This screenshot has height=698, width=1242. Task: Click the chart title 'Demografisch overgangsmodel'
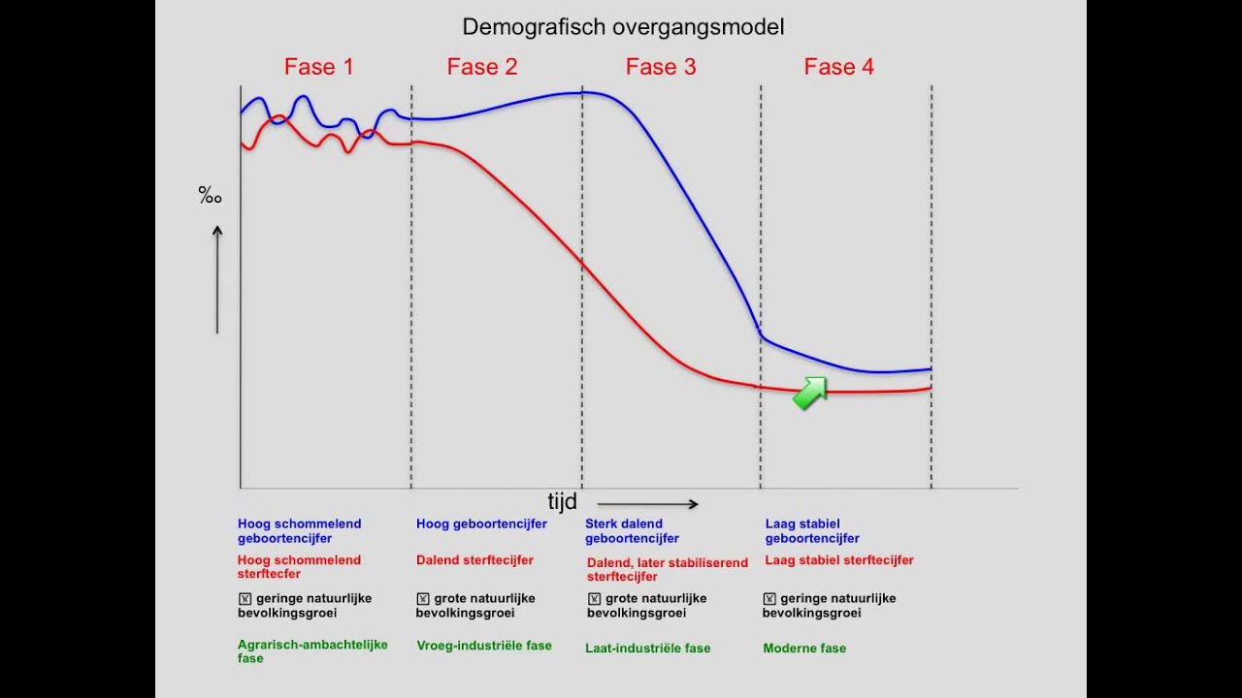click(x=623, y=27)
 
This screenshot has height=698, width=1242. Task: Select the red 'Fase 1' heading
click(x=318, y=67)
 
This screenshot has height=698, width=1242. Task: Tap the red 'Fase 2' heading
click(x=482, y=67)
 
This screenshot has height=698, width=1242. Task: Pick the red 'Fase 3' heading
click(x=661, y=67)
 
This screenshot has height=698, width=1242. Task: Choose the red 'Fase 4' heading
click(x=839, y=67)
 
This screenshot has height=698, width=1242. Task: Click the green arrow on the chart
click(x=810, y=394)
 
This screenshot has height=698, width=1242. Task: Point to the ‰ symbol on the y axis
click(x=211, y=196)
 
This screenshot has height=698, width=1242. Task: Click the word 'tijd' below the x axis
click(x=562, y=501)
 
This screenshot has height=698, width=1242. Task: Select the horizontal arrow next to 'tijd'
click(x=647, y=504)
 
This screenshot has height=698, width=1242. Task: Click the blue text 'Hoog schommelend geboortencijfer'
click(x=299, y=530)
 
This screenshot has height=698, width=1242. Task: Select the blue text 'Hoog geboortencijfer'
click(x=481, y=523)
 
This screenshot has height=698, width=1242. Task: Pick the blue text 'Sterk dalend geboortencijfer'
click(x=632, y=530)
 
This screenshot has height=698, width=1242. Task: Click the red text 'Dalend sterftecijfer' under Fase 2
click(x=474, y=559)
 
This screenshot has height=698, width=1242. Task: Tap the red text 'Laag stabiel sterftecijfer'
click(x=839, y=559)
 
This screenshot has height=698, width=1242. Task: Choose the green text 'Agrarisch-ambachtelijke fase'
click(x=312, y=651)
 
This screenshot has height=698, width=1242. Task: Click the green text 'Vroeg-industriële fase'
click(x=484, y=645)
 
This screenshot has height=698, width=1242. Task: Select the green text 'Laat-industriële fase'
click(x=647, y=648)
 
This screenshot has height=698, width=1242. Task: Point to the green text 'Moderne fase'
click(x=804, y=648)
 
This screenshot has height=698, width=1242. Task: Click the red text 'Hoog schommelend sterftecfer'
click(x=299, y=566)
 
